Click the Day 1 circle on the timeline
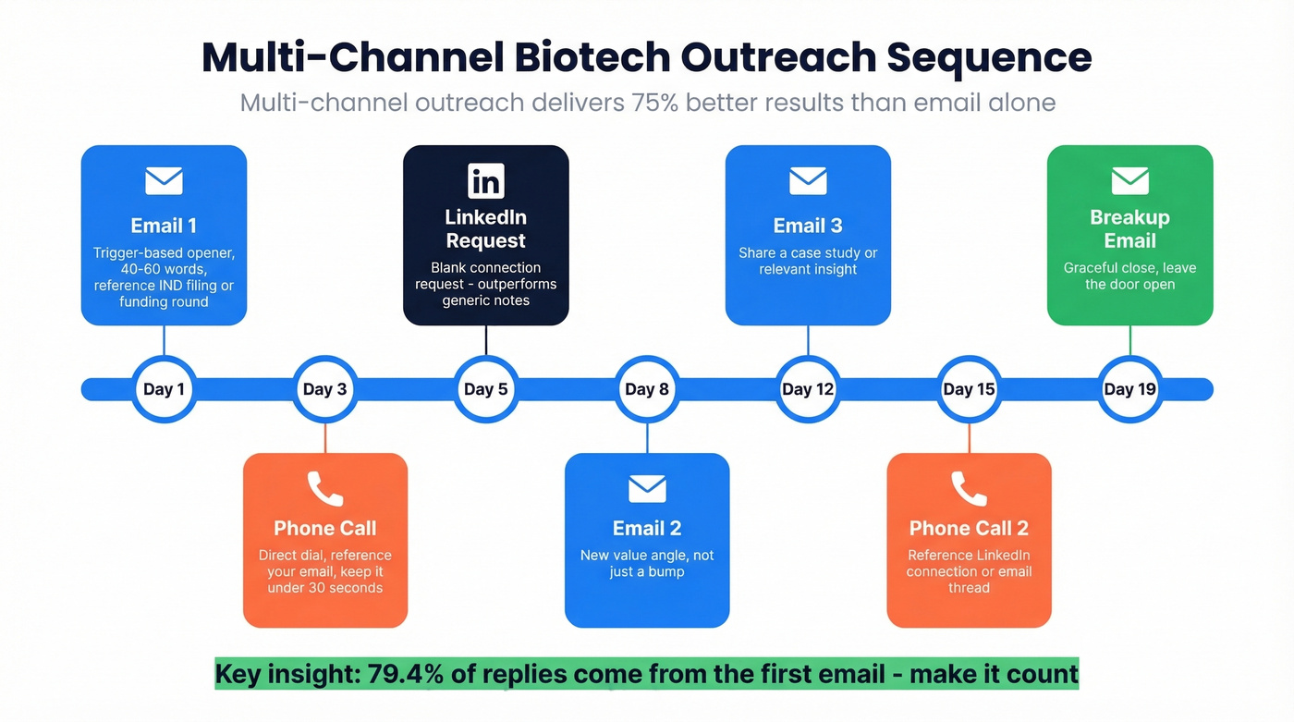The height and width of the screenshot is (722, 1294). (x=164, y=389)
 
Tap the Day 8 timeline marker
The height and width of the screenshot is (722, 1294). (x=647, y=389)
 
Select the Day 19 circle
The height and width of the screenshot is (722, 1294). (x=1129, y=389)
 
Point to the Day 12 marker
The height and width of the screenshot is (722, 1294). (x=808, y=389)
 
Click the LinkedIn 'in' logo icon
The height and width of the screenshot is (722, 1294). (x=486, y=181)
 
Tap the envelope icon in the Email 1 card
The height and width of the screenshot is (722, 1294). (x=164, y=181)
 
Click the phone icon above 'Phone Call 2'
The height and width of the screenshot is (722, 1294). (x=969, y=489)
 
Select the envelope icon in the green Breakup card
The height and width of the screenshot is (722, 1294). (x=1129, y=181)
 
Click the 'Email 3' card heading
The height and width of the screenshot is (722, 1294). (x=808, y=226)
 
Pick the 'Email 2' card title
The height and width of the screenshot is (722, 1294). (x=647, y=528)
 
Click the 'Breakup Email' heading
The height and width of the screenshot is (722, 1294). (x=1129, y=229)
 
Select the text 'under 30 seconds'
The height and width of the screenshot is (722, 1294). (x=325, y=588)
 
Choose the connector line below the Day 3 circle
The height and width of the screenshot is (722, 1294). (x=325, y=438)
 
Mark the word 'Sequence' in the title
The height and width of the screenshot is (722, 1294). (x=989, y=57)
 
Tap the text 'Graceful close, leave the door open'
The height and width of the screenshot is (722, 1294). (x=1129, y=275)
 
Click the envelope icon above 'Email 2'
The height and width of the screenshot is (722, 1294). (x=647, y=488)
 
